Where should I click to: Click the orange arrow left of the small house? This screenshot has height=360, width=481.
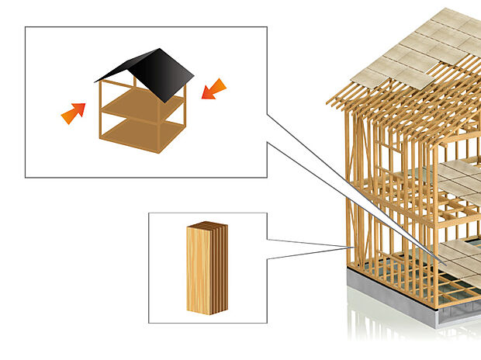click(x=73, y=113)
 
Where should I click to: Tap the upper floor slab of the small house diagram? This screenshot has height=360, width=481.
click(x=144, y=102)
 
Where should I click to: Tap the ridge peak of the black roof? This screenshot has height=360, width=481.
click(x=161, y=50)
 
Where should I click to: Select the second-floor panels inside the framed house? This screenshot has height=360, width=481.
click(x=458, y=178)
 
